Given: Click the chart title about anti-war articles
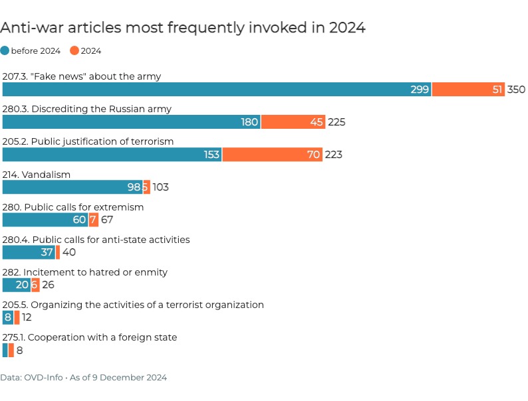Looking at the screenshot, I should coord(183,28).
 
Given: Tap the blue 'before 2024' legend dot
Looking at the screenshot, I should coord(5,50).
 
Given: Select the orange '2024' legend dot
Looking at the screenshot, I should coord(74,50).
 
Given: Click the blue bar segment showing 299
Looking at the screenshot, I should coord(217,90).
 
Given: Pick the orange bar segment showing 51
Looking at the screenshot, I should coord(468,90).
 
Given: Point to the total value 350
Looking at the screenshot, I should coord(516,90).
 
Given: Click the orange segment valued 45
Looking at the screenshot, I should coord(293,122).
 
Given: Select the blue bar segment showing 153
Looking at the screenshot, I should coord(112,155).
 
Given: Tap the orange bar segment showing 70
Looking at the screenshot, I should coord(273,155).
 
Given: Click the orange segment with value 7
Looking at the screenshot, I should coord(94,220).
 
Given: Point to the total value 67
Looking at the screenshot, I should coord(108,220).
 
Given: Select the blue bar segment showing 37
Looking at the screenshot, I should coord(29,252).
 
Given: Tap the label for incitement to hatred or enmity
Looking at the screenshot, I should coord(85,272).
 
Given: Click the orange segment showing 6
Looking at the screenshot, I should coord(35,285).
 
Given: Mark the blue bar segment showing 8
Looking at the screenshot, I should coord(7,317).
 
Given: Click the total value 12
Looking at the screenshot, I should coord(27,317).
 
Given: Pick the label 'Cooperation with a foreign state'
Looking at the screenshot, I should coord(90,337).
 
